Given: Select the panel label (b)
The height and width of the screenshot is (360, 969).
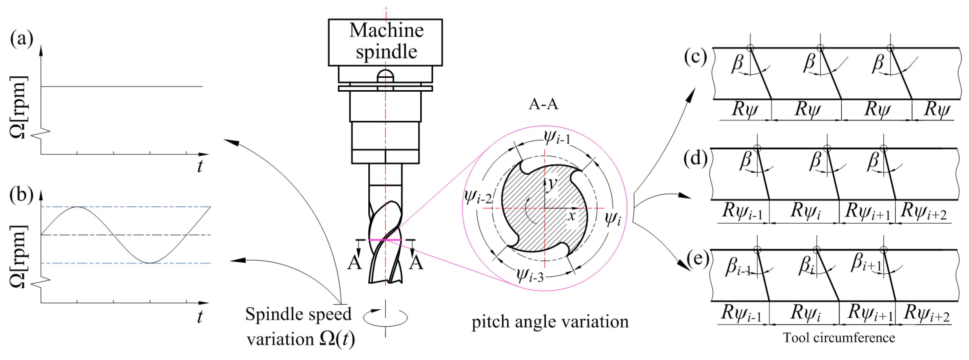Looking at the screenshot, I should [21, 195].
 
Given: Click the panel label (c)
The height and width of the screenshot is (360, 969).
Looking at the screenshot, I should [695, 57].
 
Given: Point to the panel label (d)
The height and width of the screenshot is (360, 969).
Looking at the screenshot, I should [695, 158].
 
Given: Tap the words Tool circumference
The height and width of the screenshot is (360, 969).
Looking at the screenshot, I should [839, 338].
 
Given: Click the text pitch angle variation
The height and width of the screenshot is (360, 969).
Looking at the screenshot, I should [550, 322].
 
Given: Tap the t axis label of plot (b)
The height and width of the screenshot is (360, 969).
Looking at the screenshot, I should [200, 317].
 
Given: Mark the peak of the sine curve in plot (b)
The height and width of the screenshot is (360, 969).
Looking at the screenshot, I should [77, 207].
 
